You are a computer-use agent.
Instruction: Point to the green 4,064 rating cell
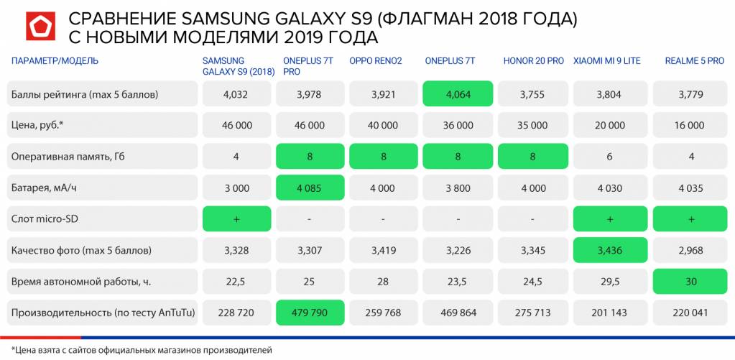coord(457,94)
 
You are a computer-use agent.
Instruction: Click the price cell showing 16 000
coord(689,125)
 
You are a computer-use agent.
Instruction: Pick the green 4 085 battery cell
coord(309,188)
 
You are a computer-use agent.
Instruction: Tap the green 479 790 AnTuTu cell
coord(309,313)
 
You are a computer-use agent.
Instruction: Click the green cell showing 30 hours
coord(689,282)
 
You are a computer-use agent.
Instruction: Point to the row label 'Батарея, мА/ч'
coord(43,188)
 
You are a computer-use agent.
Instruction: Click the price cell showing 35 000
coord(533,125)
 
